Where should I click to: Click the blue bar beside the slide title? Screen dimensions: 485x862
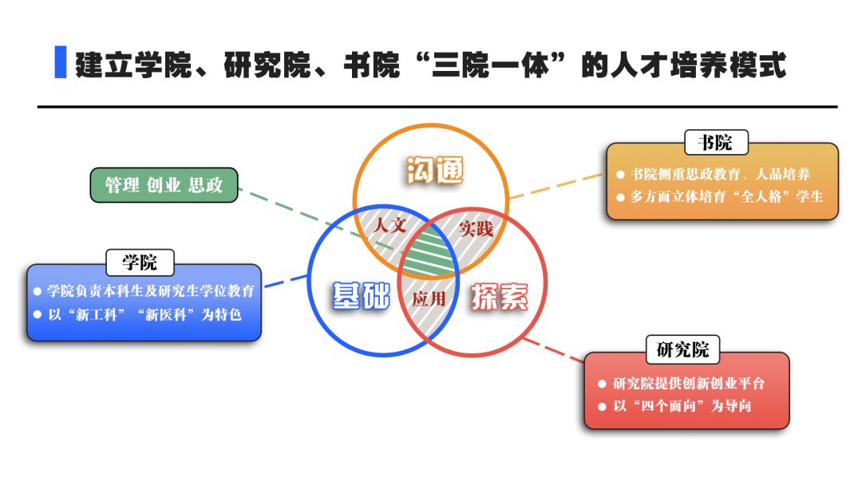tap(60, 63)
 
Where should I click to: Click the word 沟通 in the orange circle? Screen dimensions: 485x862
tap(434, 170)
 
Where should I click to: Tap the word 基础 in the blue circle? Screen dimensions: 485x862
tap(360, 295)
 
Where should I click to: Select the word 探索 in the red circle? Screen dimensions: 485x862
tap(499, 297)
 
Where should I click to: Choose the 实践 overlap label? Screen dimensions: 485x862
tap(476, 230)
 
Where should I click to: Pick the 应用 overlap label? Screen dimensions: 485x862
tap(428, 299)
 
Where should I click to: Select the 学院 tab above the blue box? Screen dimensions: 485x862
tap(140, 262)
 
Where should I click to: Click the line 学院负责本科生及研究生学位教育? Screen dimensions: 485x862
tap(149, 291)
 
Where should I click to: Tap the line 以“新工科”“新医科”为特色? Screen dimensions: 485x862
tap(143, 314)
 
